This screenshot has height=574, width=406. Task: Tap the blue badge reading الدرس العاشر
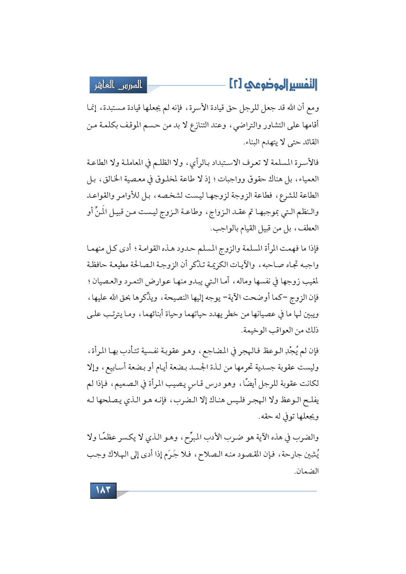(x=119, y=85)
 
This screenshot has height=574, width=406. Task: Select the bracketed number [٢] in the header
(x=236, y=85)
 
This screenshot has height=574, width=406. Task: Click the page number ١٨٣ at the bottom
(x=103, y=490)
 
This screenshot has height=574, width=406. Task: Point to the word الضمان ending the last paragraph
(x=307, y=471)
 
